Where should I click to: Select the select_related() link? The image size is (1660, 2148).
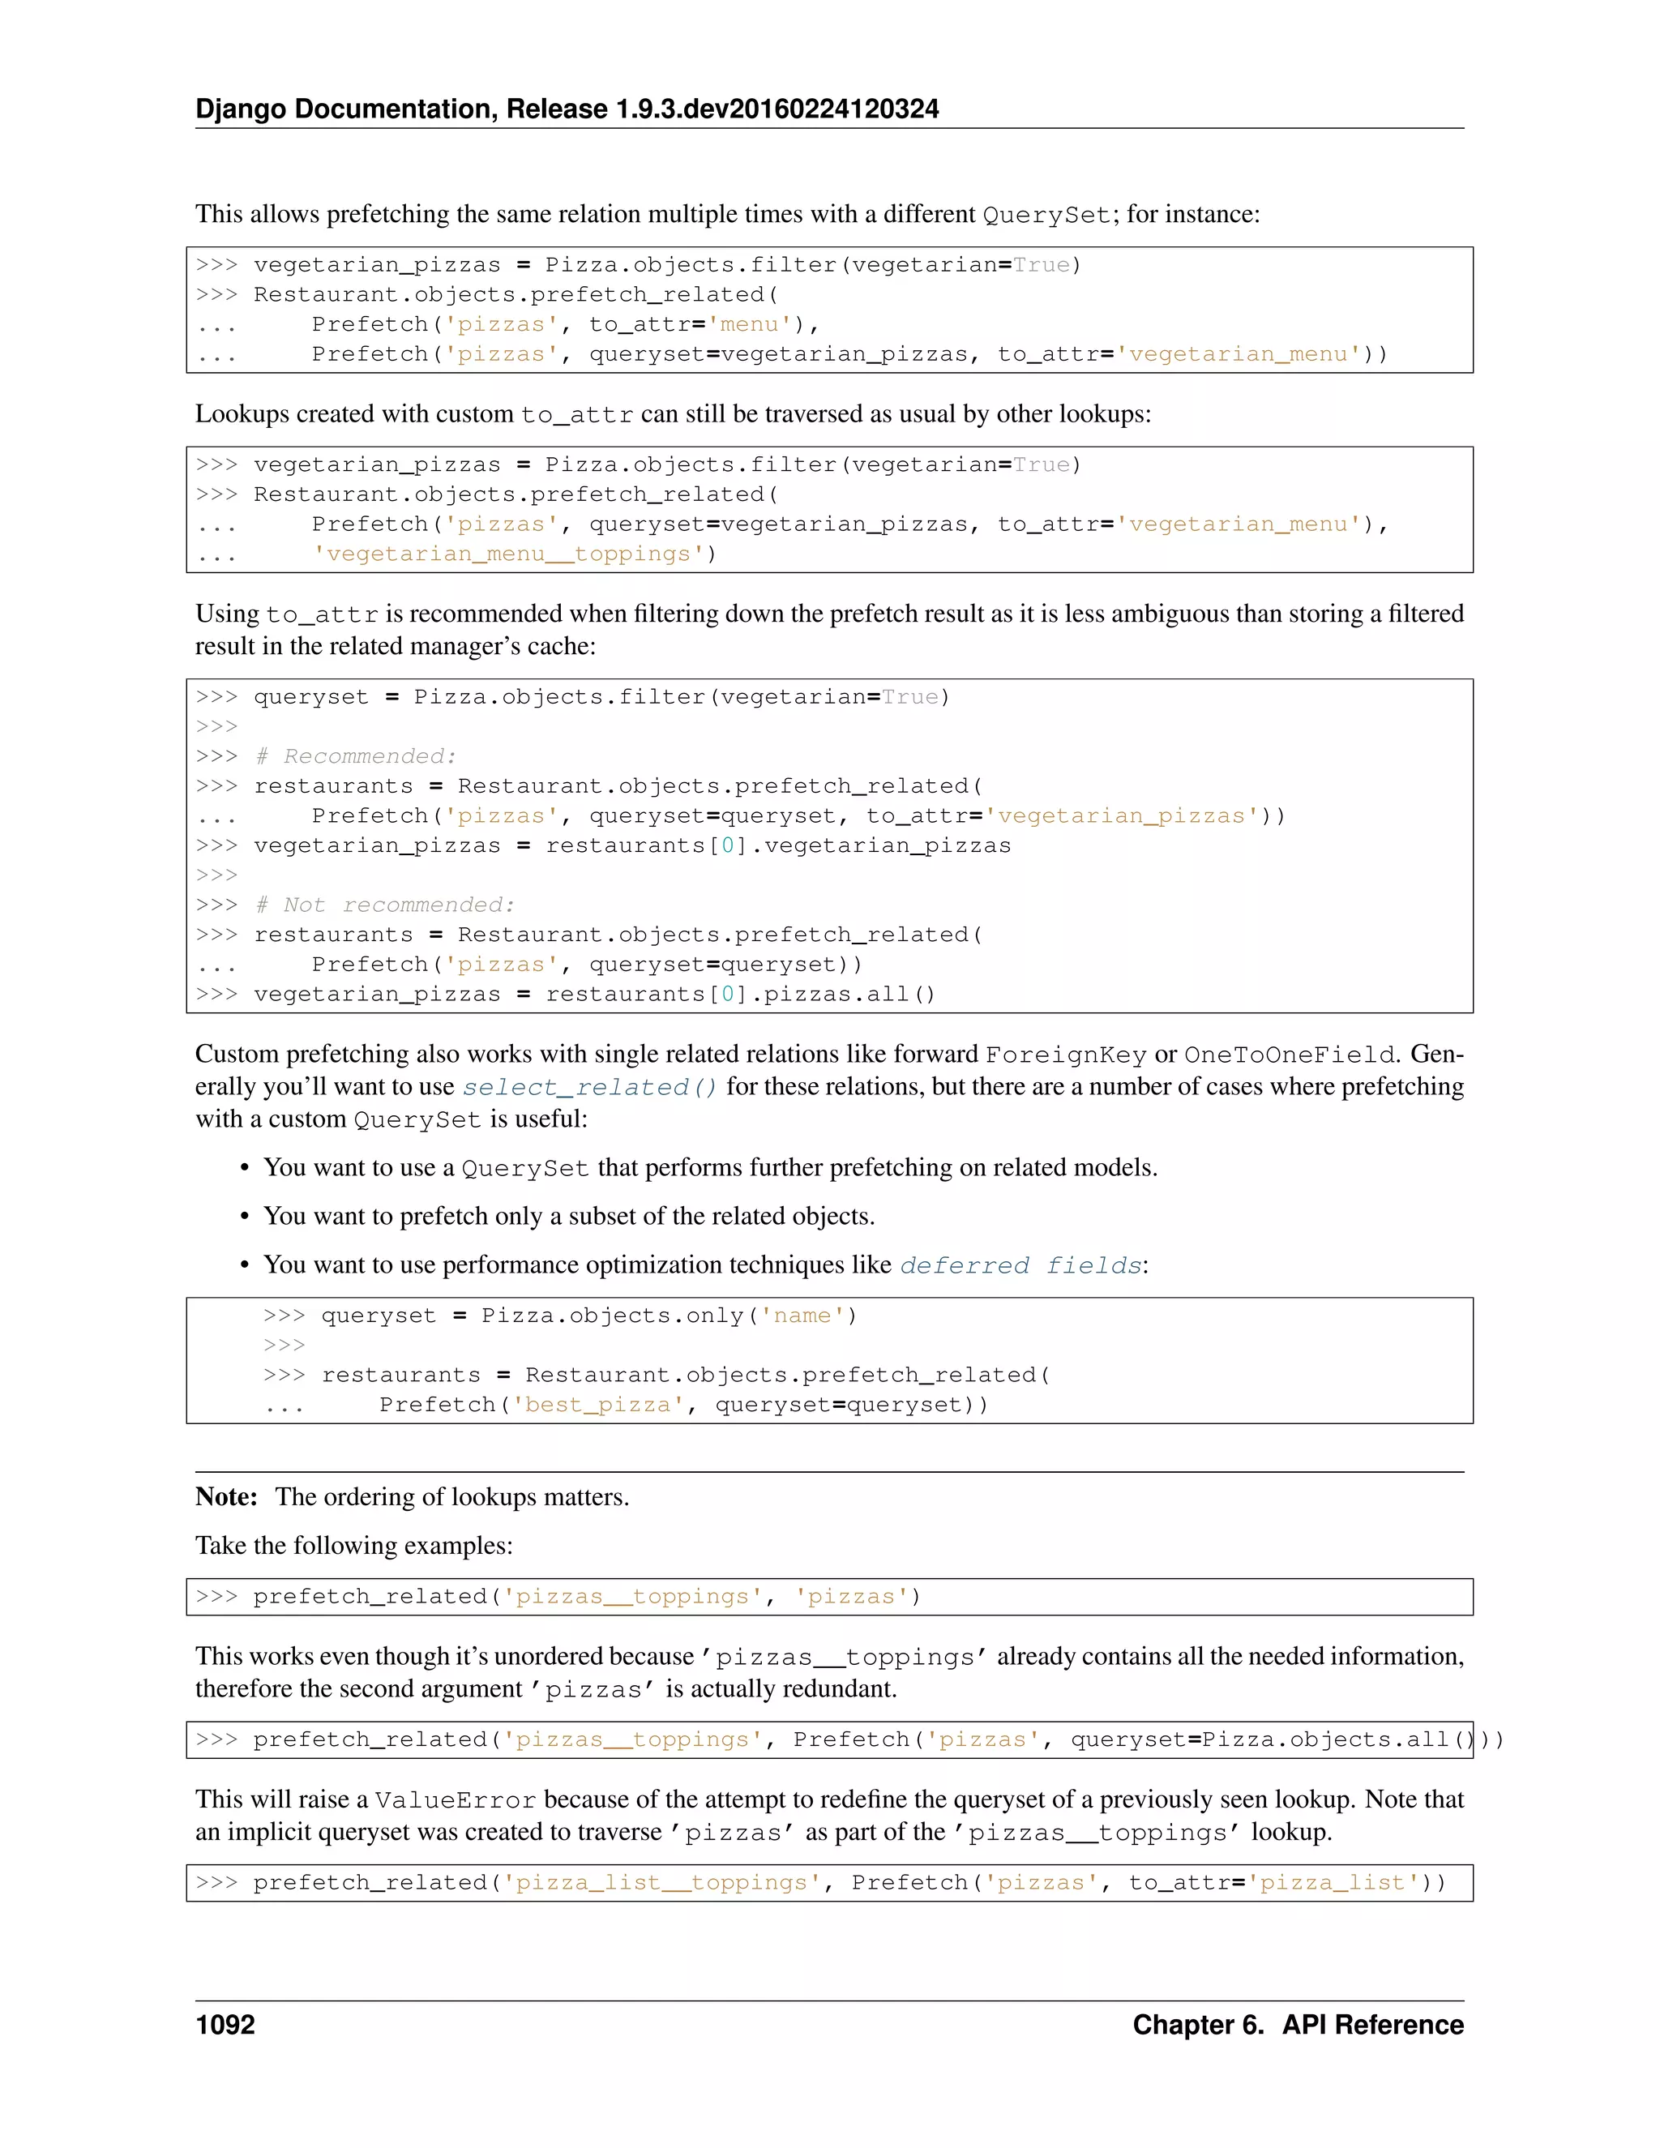(x=590, y=1087)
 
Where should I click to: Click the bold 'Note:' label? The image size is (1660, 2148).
(x=226, y=1497)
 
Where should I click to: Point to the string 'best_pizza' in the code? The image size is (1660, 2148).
(x=598, y=1405)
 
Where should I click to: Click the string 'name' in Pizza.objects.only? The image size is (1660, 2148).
(x=802, y=1316)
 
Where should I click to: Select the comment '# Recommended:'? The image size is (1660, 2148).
(x=355, y=756)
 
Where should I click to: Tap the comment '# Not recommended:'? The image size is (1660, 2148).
(x=384, y=905)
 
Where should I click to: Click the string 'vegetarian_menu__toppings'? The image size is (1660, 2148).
(x=508, y=554)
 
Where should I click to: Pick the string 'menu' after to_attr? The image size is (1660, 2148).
(x=751, y=324)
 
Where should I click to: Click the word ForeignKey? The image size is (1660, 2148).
(x=1066, y=1055)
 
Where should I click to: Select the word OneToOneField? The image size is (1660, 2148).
(x=1288, y=1055)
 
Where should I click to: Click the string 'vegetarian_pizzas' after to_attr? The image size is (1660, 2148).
(x=1122, y=816)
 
